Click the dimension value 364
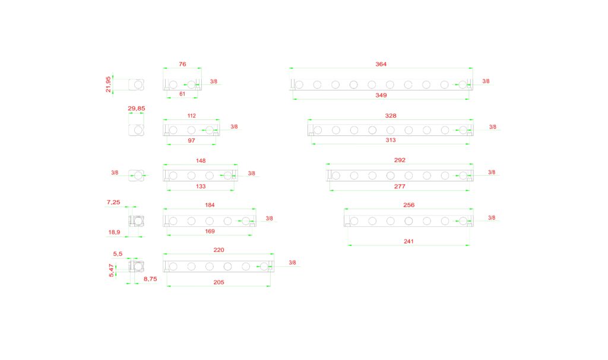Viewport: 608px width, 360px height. point(381,64)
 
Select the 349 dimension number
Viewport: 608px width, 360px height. point(381,95)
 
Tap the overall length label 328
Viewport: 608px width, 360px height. point(390,116)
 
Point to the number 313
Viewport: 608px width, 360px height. point(390,140)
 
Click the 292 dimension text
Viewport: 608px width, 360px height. point(400,160)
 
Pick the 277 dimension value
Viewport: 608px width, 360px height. point(400,186)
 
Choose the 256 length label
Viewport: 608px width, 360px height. point(408,205)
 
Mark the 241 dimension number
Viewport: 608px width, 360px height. point(408,241)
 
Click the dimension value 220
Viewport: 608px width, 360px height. point(218,250)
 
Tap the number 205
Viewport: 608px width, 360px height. point(218,282)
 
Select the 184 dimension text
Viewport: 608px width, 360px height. point(210,205)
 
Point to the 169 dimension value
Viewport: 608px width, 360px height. point(210,231)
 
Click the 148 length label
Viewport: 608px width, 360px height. point(200,160)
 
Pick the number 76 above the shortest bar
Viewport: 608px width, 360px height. point(182,64)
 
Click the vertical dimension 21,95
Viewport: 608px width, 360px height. point(108,84)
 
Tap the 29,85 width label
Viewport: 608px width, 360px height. point(137,108)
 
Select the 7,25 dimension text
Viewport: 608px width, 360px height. point(113,203)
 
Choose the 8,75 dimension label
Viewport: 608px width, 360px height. point(151,278)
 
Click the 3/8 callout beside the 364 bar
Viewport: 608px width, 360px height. point(486,81)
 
